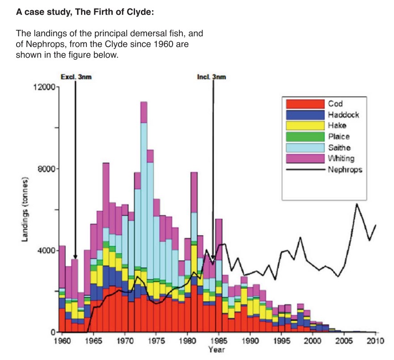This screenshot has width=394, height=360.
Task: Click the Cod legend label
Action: pos(335,104)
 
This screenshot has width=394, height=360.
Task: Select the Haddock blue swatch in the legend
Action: pos(305,114)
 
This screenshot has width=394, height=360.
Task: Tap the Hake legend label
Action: pos(337,125)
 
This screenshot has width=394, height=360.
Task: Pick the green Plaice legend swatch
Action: pos(305,136)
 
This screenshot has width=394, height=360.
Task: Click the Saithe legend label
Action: pos(339,147)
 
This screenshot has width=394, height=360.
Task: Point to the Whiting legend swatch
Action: pos(305,158)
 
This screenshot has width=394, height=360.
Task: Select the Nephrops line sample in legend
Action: pos(305,169)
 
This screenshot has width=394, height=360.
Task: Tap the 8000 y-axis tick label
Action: pos(46,169)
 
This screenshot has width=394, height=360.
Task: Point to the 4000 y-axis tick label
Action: pos(46,250)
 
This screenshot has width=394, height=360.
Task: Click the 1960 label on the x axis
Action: pos(63,341)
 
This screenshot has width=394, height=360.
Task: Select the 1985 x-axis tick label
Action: pos(216,341)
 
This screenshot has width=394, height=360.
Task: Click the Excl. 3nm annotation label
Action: pos(75,77)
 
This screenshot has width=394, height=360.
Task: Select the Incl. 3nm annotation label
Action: pos(212,77)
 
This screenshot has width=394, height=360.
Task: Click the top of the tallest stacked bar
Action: pos(144,102)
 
